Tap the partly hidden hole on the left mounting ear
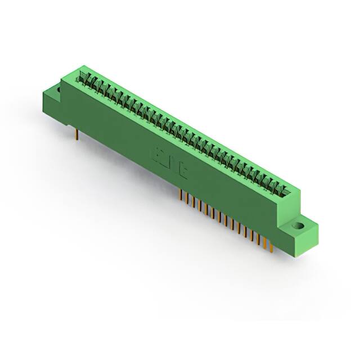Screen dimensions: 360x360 [x=57, y=89]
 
